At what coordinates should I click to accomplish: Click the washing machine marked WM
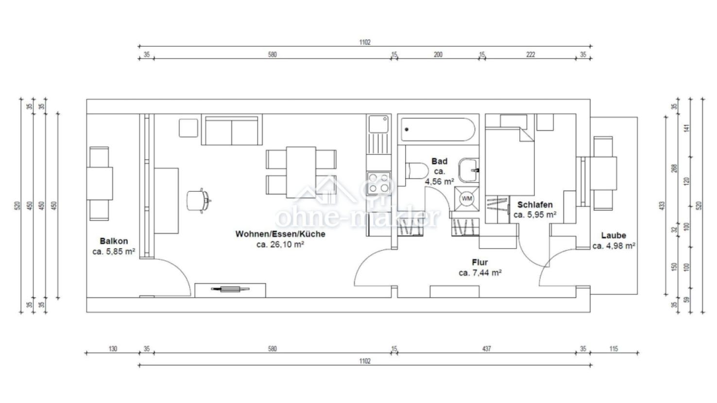pos(467,199)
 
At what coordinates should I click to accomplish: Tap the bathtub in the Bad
pos(438,130)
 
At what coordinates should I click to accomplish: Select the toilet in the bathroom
pos(417,171)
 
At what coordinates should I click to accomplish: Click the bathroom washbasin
pos(469,170)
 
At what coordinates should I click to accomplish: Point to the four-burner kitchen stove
pos(379,183)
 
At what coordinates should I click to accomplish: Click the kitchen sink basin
pos(378,124)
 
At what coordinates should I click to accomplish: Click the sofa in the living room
pos(232,130)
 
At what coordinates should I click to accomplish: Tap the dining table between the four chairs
pos(301,172)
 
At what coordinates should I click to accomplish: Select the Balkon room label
pos(114,241)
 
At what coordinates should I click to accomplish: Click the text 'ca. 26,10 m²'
pos(280,244)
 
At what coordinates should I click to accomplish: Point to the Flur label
pos(480,262)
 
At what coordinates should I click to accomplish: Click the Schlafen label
pos(535,204)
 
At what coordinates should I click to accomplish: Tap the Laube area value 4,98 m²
pos(618,246)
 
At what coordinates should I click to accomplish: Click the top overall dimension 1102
pos(365,42)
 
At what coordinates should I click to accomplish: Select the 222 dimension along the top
pos(530,55)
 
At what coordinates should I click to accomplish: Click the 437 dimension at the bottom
pos(487,349)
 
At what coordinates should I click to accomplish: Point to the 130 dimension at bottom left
pos(113,349)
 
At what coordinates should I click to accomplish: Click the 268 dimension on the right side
pos(674,168)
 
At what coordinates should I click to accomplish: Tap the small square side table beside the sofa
pos(188,128)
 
